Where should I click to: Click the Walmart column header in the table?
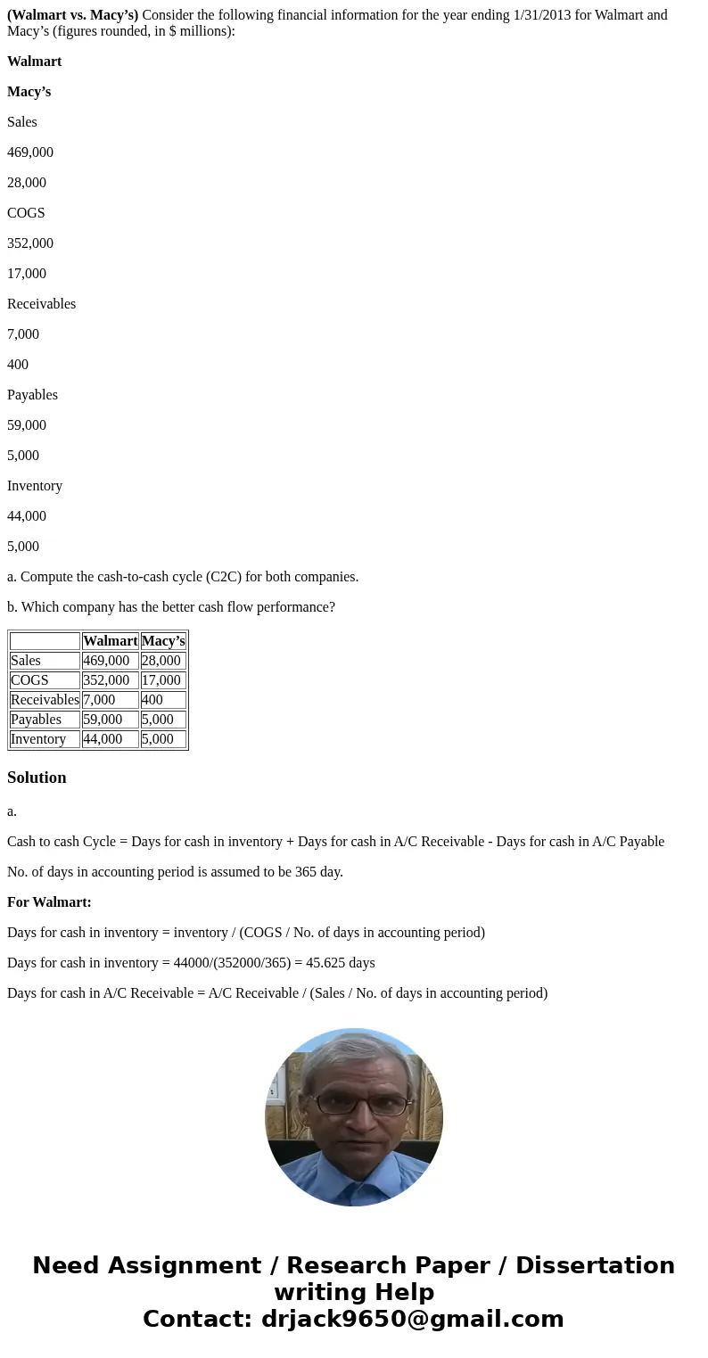tap(110, 641)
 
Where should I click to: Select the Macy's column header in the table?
tap(163, 641)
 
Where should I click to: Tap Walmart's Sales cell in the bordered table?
tap(106, 661)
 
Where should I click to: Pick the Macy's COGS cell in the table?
tap(161, 680)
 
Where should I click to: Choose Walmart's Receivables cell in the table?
tap(99, 700)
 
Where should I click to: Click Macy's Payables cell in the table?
tap(158, 720)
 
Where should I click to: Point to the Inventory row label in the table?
tap(38, 739)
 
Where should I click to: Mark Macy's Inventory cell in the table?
tap(158, 739)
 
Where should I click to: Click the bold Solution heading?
tap(37, 778)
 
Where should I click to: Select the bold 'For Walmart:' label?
tap(49, 902)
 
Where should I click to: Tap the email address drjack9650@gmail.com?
tap(412, 1319)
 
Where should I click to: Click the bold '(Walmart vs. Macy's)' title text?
tap(72, 15)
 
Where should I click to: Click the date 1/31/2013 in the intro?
tap(544, 15)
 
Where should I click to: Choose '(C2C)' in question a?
tap(224, 577)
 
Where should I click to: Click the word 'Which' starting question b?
tap(40, 607)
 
